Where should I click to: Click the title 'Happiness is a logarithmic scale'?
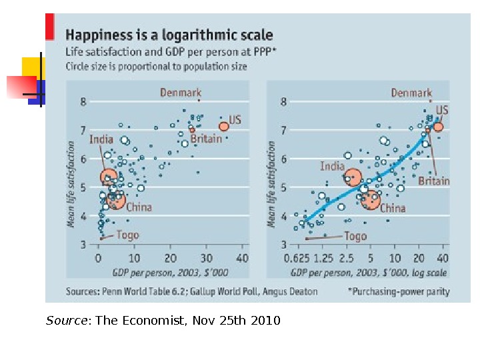click(169, 35)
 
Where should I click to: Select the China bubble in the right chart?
click(370, 199)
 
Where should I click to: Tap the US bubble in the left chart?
click(224, 126)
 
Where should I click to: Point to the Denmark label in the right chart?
click(411, 93)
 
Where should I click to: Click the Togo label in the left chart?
click(127, 235)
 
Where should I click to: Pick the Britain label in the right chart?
click(434, 181)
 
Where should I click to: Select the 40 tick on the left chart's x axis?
click(242, 258)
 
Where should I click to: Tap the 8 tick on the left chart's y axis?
click(83, 102)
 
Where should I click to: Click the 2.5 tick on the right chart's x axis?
click(346, 258)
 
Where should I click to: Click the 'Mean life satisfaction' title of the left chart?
click(71, 189)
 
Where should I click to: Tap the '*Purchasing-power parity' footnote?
click(399, 291)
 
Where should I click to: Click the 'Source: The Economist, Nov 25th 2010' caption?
click(163, 321)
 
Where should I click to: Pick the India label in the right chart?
click(332, 166)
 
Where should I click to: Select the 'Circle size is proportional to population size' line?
click(156, 66)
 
